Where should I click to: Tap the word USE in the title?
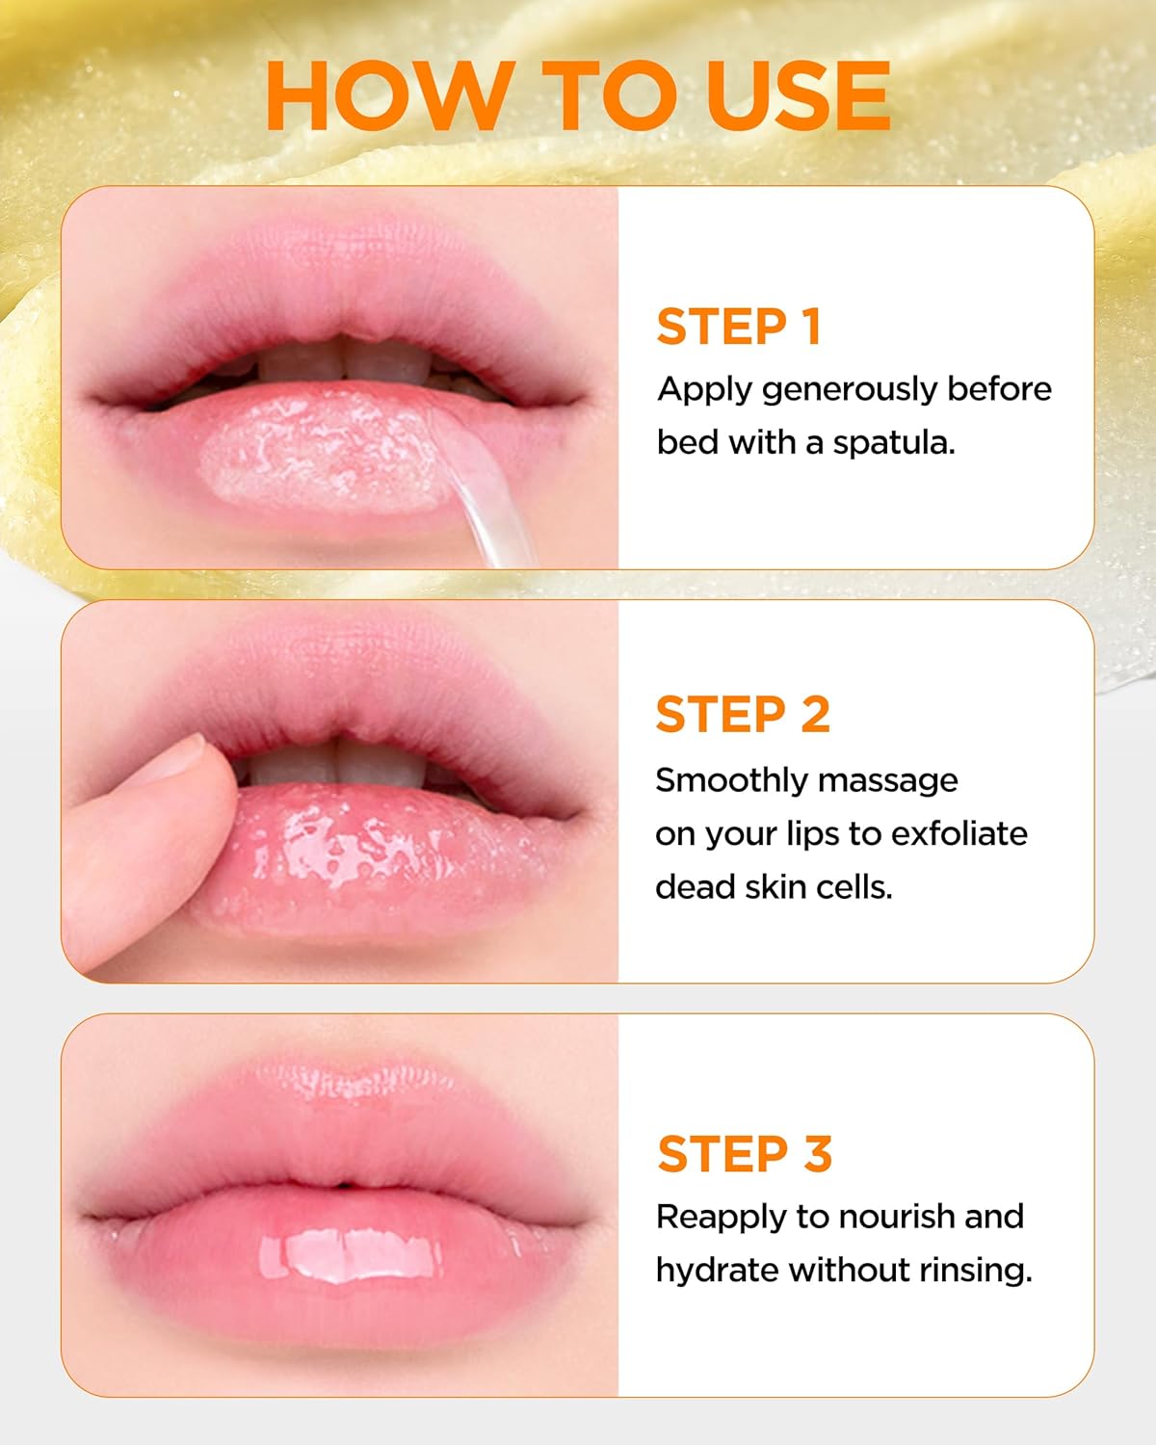[x=797, y=95]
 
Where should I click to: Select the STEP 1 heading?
[x=738, y=327]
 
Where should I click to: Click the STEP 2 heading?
[x=742, y=715]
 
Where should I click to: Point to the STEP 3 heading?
[x=744, y=1154]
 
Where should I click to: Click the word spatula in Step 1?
[x=893, y=443]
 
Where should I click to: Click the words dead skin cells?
[x=774, y=887]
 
